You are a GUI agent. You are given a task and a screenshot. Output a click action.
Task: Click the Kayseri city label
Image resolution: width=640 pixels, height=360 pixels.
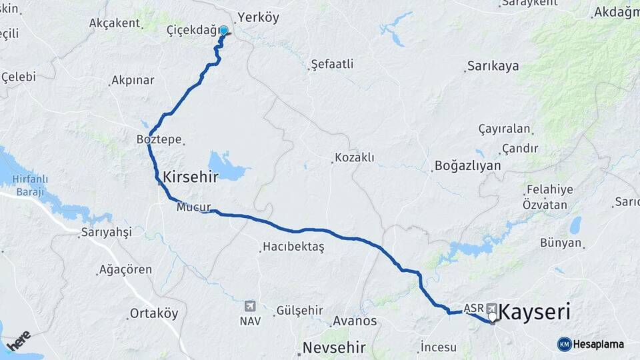[x=539, y=312]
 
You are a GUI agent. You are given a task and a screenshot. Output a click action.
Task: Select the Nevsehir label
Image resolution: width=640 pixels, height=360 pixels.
[x=334, y=347]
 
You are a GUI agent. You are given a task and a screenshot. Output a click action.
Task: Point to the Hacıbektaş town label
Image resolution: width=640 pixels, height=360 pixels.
[x=293, y=247]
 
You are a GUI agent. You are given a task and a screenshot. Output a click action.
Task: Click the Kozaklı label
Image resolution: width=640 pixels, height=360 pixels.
[x=353, y=158]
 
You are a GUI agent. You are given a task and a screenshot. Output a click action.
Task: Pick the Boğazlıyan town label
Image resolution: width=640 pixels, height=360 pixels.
[x=467, y=165]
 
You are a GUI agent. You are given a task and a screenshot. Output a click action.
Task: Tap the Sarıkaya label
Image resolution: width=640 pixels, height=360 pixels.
[x=493, y=66]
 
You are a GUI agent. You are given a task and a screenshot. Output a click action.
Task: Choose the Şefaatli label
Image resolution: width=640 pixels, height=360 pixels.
[x=332, y=65]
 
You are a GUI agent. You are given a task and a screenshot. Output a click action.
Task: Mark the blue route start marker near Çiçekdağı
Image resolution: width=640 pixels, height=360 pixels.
[x=223, y=31]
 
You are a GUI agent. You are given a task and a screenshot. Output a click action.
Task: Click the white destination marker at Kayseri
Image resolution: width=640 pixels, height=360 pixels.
[x=493, y=317]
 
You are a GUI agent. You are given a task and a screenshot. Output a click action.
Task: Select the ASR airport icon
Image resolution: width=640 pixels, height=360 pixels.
[x=492, y=307]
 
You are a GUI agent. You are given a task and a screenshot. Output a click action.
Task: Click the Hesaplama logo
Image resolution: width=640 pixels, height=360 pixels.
[x=591, y=344]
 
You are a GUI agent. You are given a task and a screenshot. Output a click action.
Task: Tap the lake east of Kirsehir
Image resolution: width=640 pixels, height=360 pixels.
[x=227, y=166]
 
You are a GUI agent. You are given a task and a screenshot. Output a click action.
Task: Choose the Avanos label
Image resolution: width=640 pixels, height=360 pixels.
[x=355, y=321]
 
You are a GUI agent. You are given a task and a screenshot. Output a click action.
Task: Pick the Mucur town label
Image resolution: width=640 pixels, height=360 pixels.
[x=194, y=207]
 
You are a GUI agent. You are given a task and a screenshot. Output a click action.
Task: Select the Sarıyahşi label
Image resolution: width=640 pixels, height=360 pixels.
[x=106, y=232]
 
